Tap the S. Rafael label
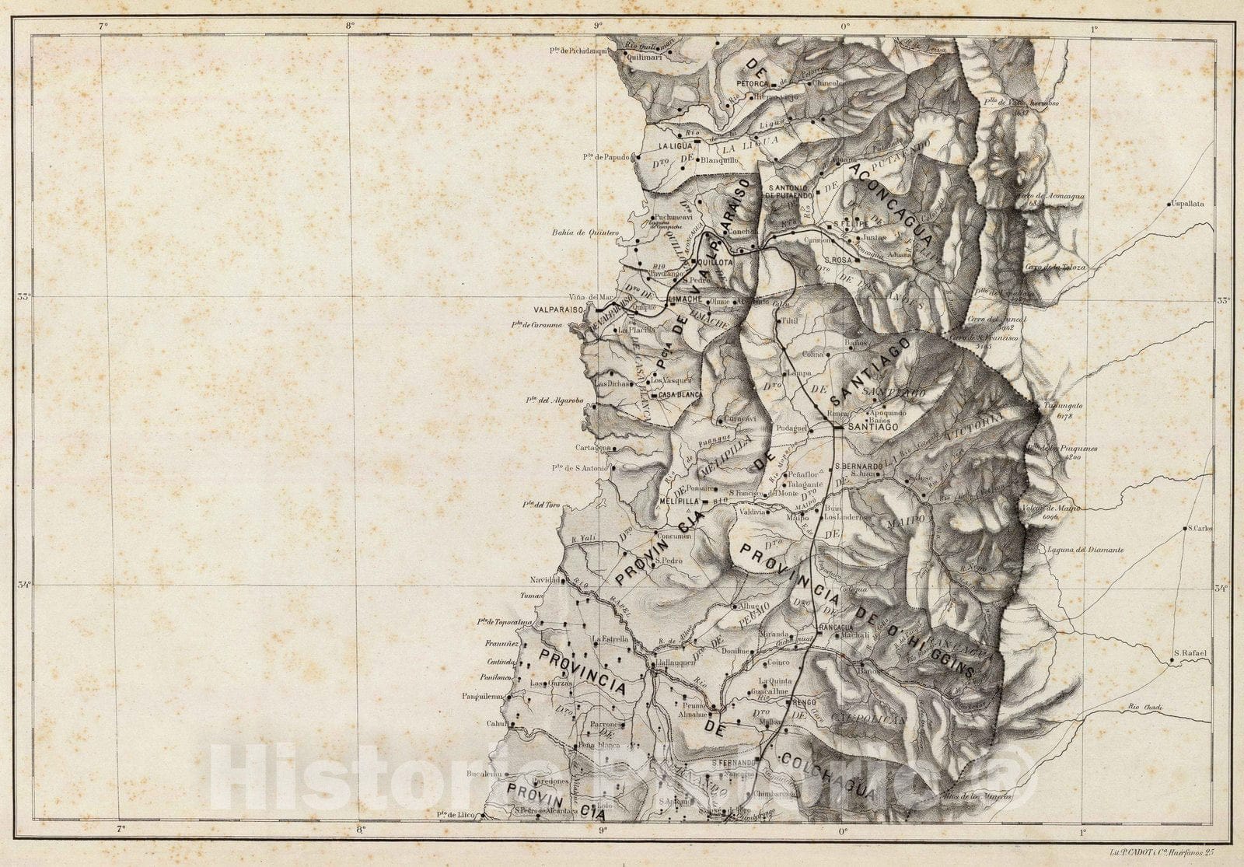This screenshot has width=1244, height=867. [1189, 653]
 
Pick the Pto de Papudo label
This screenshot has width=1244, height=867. [606, 157]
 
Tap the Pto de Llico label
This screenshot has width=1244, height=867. [456, 815]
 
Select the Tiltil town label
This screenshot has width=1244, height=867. [790, 321]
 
